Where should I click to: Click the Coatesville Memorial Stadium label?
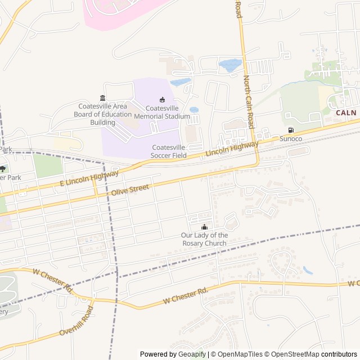coord(168,112)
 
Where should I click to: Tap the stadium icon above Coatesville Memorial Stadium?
coord(163,100)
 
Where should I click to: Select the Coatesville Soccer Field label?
coord(169,151)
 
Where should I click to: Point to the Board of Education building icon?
coord(102,98)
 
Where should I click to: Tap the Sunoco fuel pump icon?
coord(290,130)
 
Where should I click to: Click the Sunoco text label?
coord(291,139)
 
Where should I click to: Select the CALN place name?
coord(346,112)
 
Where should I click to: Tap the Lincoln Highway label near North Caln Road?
coord(232,148)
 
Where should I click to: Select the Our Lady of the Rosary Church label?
coord(204,239)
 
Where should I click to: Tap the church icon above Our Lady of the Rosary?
coord(204,227)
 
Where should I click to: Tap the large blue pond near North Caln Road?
coord(229,66)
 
